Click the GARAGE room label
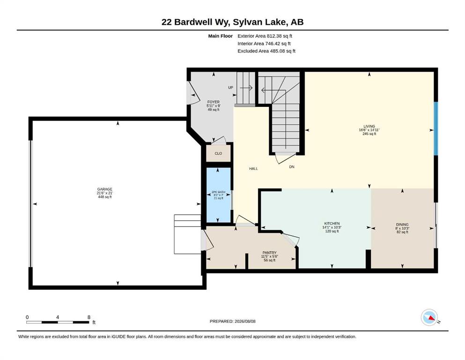(x=105, y=189)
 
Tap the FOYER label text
(x=213, y=102)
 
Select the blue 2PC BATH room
(x=218, y=195)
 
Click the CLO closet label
(x=218, y=153)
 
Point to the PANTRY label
(x=269, y=253)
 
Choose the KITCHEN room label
(x=332, y=224)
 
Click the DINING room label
(x=402, y=225)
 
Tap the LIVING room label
(x=369, y=126)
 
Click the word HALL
(x=253, y=169)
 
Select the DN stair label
(x=292, y=167)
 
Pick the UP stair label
(x=230, y=88)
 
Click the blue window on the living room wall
(x=435, y=128)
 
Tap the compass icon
(x=429, y=317)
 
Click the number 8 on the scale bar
(x=89, y=317)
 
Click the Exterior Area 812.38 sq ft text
(x=265, y=36)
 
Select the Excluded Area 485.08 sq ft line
(x=266, y=51)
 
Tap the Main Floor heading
(x=221, y=36)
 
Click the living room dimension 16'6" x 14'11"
(x=369, y=130)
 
